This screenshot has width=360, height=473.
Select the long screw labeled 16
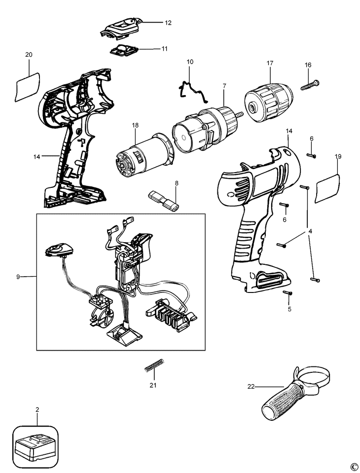[310, 84]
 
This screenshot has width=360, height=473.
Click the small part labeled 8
[164, 199]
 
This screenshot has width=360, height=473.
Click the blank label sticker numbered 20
[27, 86]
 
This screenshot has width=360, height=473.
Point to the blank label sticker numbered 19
[327, 188]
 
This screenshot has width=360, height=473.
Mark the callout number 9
[18, 277]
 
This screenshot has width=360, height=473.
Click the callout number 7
[224, 86]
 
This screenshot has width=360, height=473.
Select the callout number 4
[310, 232]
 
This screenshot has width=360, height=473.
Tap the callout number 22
[251, 386]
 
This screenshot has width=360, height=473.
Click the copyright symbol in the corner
[354, 467]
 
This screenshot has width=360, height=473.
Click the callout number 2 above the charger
[37, 409]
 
